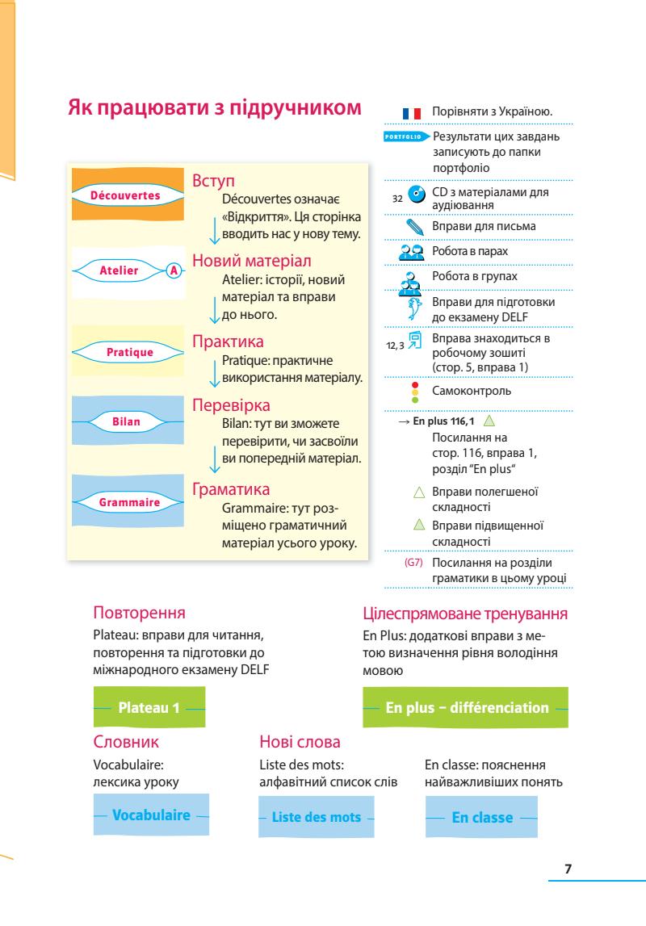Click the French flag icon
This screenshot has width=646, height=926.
point(412,113)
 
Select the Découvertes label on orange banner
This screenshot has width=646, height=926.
point(124,195)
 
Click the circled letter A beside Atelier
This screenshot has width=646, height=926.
point(172,271)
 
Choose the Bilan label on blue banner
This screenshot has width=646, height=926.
point(126,421)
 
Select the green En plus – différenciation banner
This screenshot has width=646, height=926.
point(467,707)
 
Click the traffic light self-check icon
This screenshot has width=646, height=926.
point(415,392)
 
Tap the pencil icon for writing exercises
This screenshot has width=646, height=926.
point(415,228)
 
